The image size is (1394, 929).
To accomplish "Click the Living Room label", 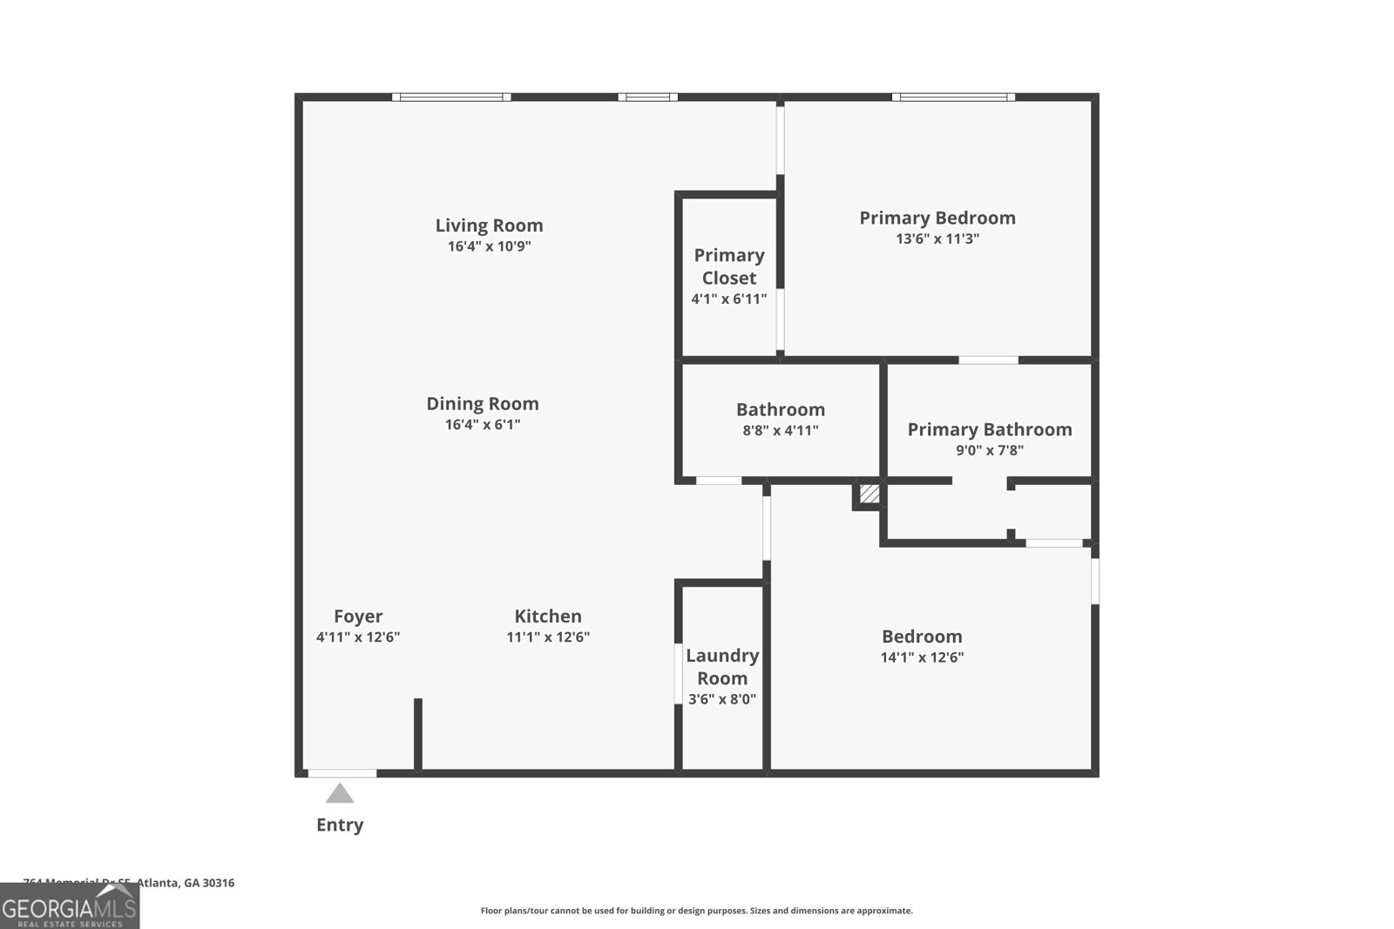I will [489, 226].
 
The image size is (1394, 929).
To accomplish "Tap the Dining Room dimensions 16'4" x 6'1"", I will [483, 425].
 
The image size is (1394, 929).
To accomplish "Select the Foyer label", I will [358, 616].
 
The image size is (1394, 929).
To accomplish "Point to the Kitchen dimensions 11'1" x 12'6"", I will [548, 637].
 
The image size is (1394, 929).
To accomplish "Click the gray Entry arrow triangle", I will [340, 794].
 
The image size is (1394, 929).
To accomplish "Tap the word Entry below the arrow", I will [340, 825].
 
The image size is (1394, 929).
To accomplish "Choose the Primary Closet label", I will [729, 266].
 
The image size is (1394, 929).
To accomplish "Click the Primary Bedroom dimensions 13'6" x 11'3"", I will [937, 239].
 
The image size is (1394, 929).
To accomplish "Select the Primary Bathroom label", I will [990, 429].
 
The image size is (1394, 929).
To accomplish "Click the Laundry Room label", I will [722, 667].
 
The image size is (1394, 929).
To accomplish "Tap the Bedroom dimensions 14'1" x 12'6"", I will [922, 658].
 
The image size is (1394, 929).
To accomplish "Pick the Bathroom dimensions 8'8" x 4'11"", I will [781, 431].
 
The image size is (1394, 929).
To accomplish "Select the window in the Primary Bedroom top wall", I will [953, 98].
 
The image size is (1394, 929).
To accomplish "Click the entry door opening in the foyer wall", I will [342, 773].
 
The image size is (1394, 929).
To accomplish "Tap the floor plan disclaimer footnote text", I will [696, 911].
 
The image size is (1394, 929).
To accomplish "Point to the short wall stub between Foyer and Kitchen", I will [418, 734].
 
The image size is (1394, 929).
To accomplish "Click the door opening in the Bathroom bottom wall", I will [719, 481].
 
